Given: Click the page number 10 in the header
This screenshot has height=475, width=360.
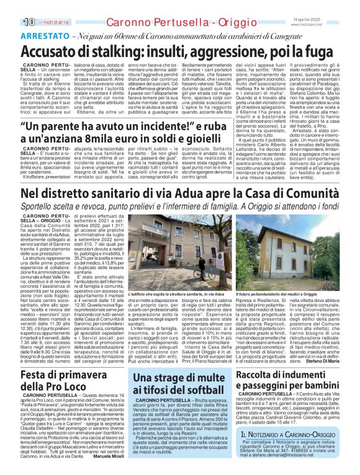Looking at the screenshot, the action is pos(11,6).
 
